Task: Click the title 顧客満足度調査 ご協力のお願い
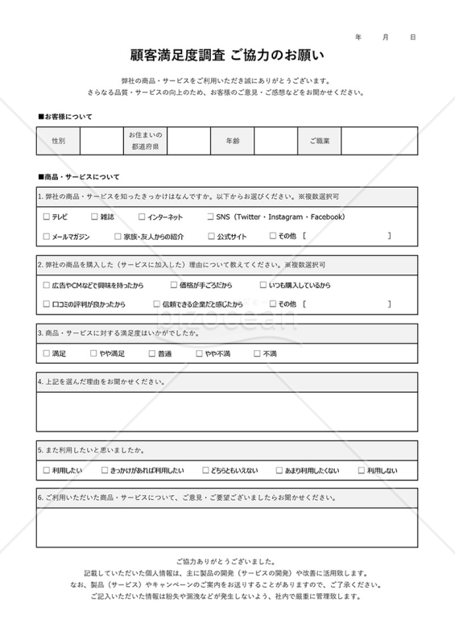point(227,56)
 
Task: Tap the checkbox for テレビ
point(46,217)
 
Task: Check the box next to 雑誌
point(94,217)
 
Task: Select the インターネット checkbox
point(142,217)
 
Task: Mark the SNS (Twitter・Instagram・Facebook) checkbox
point(209,217)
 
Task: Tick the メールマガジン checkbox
point(46,237)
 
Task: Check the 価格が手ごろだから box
point(174,285)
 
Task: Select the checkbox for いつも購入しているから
point(263,285)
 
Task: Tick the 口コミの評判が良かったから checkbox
point(46,304)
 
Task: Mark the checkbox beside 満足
point(46,353)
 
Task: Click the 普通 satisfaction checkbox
point(151,353)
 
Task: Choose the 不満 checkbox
point(256,353)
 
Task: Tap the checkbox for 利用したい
point(46,470)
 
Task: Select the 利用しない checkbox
point(360,470)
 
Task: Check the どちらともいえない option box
point(206,470)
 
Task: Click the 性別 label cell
point(58,141)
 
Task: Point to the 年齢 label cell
point(232,141)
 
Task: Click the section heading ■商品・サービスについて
point(78,176)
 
